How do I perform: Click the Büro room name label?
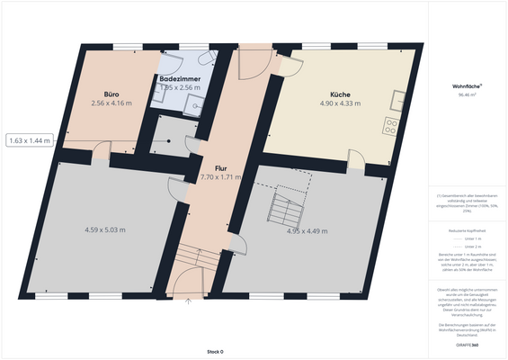(112, 94)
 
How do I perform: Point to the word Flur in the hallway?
(220, 168)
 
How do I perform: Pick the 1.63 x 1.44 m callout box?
(31, 140)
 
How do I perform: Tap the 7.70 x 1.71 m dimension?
(221, 177)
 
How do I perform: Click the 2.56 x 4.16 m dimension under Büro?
(111, 103)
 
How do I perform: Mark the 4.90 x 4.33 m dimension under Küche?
(340, 103)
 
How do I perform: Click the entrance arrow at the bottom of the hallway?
(188, 303)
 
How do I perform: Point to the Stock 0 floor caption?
(214, 351)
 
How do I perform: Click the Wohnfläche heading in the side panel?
(467, 86)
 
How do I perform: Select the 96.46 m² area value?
(467, 94)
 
